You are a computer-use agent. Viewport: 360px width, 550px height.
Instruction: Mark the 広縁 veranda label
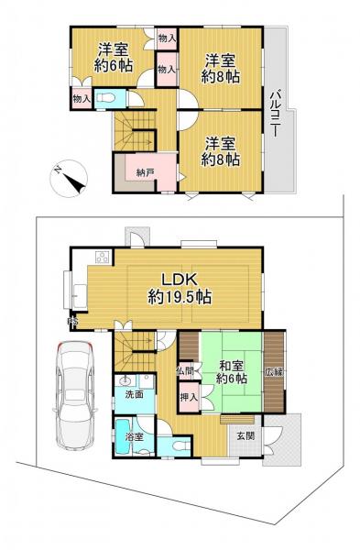coord(273,372)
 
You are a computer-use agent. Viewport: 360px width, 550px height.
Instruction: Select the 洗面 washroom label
coord(134,394)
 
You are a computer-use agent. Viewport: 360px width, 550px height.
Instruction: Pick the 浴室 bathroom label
coord(134,437)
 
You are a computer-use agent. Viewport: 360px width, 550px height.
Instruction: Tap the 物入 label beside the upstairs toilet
coord(80,97)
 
